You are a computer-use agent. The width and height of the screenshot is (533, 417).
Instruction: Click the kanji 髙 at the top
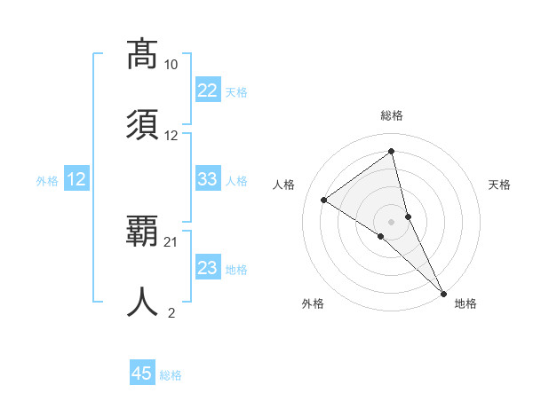click(142, 54)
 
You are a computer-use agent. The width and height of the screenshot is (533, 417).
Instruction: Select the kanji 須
click(142, 125)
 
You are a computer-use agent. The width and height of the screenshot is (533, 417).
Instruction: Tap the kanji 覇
click(142, 232)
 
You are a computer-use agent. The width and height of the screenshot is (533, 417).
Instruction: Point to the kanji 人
click(142, 303)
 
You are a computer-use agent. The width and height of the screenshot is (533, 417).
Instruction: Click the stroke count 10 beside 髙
click(171, 65)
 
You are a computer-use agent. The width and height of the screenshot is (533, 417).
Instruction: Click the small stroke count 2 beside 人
click(171, 313)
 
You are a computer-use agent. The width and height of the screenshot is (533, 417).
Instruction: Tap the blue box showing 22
click(208, 90)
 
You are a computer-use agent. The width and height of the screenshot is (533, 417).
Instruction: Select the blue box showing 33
click(208, 179)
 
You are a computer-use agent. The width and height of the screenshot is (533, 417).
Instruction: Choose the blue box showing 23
click(208, 268)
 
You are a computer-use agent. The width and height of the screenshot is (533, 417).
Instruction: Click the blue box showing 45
click(142, 374)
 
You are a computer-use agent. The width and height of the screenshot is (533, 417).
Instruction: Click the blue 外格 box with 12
click(76, 179)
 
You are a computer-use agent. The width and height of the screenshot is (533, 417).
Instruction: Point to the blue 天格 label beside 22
click(236, 91)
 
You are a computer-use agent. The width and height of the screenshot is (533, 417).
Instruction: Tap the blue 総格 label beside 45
click(171, 375)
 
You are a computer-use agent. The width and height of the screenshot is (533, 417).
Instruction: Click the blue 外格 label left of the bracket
click(47, 180)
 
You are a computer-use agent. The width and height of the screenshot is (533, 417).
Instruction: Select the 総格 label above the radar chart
click(392, 115)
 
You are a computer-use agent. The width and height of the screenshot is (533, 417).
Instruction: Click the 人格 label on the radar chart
click(284, 185)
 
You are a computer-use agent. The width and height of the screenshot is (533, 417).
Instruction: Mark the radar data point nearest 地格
click(444, 293)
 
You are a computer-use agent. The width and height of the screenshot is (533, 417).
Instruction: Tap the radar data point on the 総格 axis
click(392, 151)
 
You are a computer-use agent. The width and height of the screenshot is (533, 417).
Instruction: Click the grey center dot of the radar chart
click(392, 220)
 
